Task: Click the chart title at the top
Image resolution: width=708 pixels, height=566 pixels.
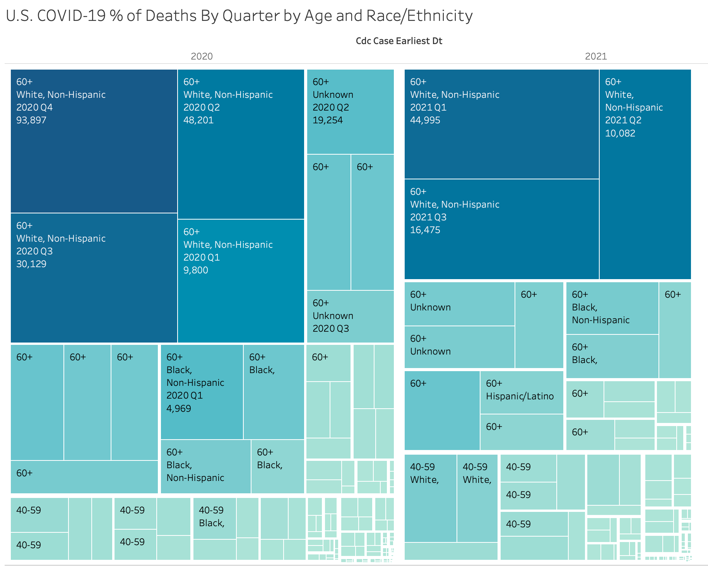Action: (239, 16)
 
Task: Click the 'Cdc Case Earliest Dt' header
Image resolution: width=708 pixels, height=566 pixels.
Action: (399, 41)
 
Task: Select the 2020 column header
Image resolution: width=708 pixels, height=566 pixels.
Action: (202, 56)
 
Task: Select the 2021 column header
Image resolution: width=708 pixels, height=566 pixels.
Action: (596, 56)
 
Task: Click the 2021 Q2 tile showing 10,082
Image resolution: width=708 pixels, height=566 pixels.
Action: (645, 193)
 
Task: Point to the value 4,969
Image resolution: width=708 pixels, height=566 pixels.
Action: (179, 409)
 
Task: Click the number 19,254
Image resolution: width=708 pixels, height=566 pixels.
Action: (328, 120)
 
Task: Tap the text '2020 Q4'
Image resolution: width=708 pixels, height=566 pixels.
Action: (34, 107)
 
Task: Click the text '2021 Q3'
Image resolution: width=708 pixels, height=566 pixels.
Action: (428, 217)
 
